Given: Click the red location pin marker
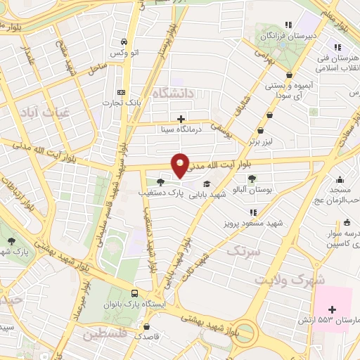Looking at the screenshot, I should click(x=181, y=165).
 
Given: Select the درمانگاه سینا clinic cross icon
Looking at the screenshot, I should click(x=181, y=119).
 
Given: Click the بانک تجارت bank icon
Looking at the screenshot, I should click(x=122, y=92).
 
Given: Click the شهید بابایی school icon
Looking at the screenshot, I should click(x=205, y=184).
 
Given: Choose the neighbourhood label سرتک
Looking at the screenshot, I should click(x=244, y=250).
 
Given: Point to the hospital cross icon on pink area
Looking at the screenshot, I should click(x=333, y=309).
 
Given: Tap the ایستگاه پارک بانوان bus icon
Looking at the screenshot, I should click(x=134, y=293).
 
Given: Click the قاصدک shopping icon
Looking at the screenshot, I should click(x=146, y=326).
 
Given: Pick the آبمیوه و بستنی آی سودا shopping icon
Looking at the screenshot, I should click(x=290, y=74).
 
